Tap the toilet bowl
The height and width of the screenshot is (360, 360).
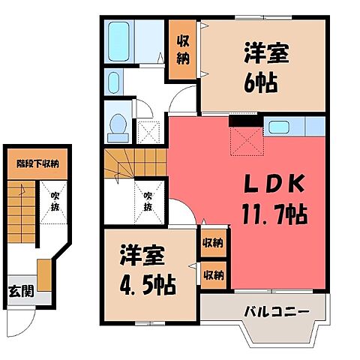click(x=118, y=128)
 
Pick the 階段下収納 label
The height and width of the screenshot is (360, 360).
click(x=37, y=163)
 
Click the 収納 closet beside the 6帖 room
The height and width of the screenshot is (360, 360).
click(x=183, y=50)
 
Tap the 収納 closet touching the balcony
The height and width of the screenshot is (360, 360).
click(x=212, y=274)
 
